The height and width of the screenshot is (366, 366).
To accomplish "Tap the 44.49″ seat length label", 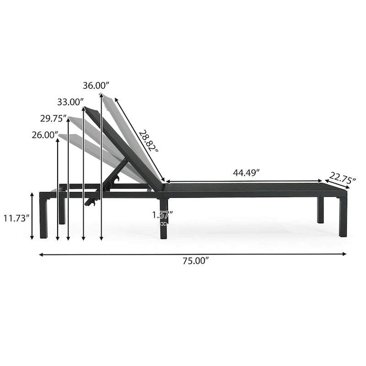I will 246,173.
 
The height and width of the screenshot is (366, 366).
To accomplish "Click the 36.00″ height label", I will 97,85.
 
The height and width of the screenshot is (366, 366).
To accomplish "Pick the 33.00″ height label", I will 71,102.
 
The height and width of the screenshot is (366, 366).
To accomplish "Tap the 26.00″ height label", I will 45,135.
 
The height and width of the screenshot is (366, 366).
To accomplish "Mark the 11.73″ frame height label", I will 16,218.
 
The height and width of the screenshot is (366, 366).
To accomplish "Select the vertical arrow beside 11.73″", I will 32,216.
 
